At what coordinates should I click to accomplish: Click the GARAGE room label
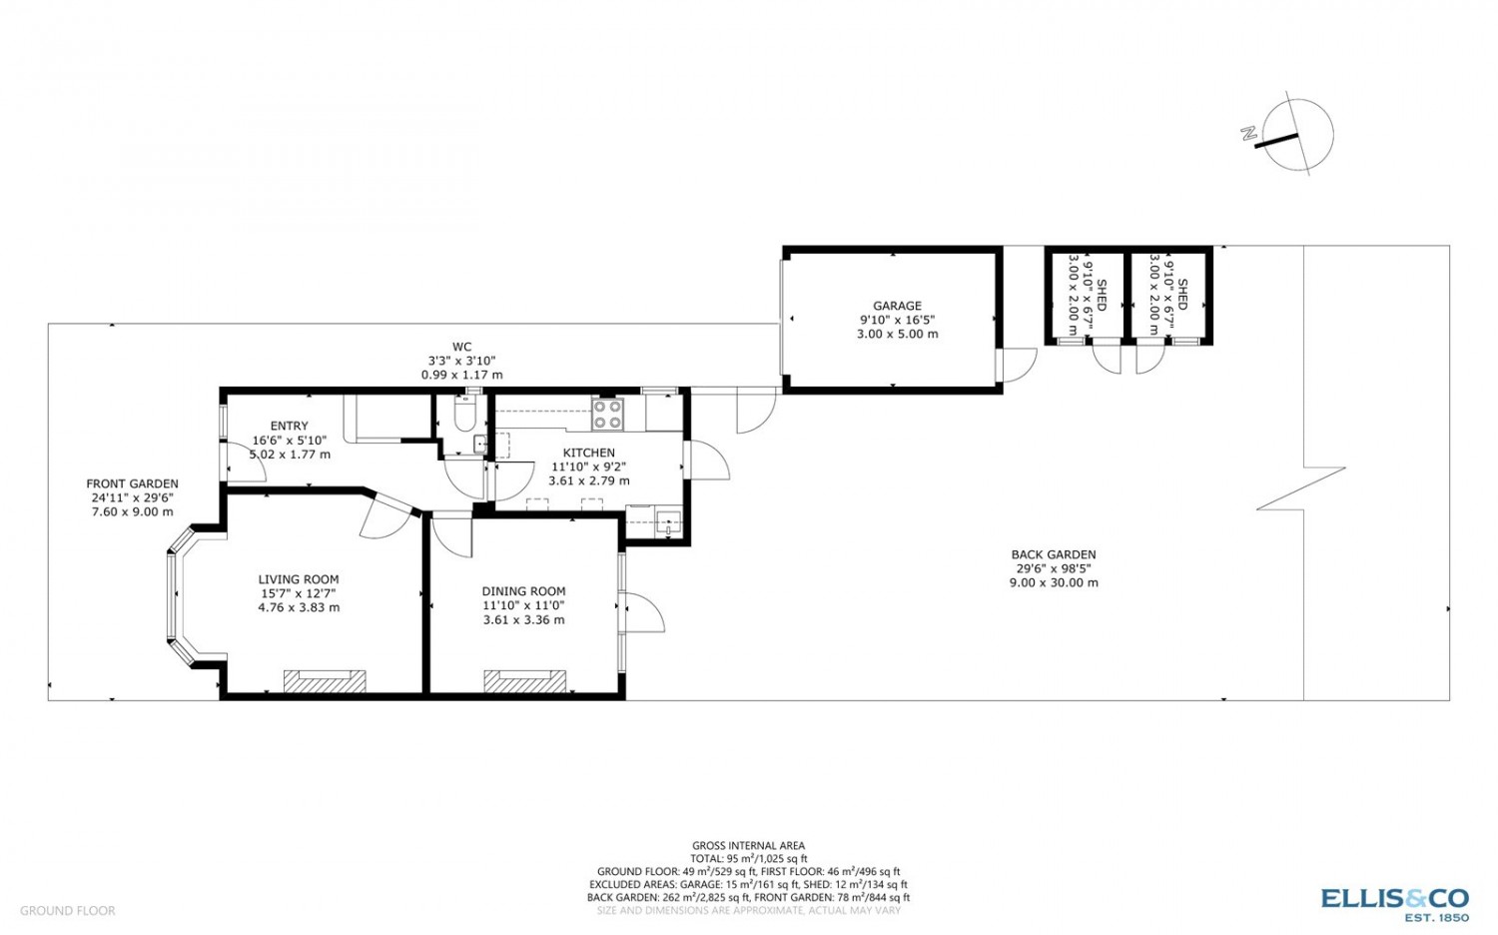tap(897, 307)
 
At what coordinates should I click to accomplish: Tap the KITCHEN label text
tap(588, 453)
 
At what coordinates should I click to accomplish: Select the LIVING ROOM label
tap(299, 579)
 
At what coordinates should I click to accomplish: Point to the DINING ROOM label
tap(523, 591)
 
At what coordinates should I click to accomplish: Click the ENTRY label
tap(289, 426)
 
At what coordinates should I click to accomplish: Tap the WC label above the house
tap(461, 347)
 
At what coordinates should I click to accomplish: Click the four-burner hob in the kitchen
tap(607, 414)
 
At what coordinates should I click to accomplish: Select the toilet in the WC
tap(464, 414)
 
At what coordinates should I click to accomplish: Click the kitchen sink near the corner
tap(668, 521)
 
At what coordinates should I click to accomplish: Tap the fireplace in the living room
tap(325, 681)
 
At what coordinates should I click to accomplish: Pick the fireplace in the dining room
tap(525, 681)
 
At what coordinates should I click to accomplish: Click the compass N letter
tap(1248, 133)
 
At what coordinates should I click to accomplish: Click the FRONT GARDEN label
tap(133, 483)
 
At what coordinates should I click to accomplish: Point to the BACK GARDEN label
tap(1054, 554)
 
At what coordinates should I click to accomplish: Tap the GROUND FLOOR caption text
tap(68, 910)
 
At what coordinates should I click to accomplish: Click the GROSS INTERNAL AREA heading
tap(748, 845)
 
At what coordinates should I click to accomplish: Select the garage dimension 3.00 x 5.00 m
tap(897, 334)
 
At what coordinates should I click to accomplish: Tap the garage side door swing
tap(1018, 366)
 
